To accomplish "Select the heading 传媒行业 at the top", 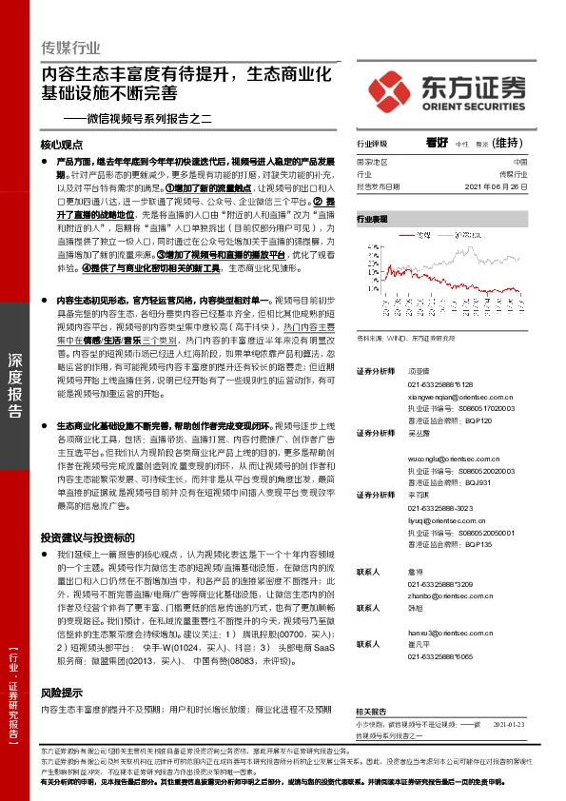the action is (x=71, y=48).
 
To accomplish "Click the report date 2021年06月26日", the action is (x=494, y=186).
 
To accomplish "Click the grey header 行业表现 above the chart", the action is (x=372, y=219).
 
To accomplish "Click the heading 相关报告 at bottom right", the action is (x=371, y=711).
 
